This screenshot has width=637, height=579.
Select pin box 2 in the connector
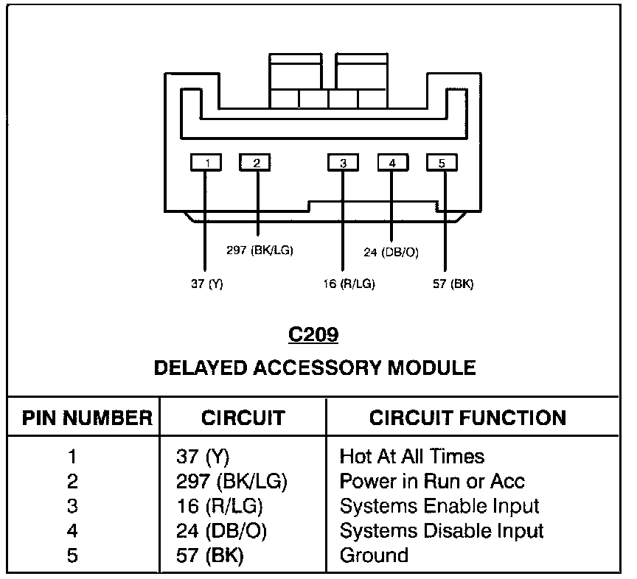(x=255, y=162)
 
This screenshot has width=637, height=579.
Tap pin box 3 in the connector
(x=343, y=162)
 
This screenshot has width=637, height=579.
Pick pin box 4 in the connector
(x=392, y=162)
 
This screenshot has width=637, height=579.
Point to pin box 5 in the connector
(x=442, y=162)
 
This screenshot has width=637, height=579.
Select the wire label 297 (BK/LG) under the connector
(x=260, y=250)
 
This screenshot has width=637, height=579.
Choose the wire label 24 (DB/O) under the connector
(x=391, y=252)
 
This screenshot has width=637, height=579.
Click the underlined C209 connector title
(x=313, y=335)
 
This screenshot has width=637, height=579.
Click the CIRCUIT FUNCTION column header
(x=467, y=418)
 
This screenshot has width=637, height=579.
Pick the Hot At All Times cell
(x=411, y=457)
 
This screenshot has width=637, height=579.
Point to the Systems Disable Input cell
(x=441, y=530)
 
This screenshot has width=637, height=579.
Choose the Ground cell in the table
(x=374, y=555)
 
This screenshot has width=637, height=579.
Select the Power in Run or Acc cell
(x=432, y=482)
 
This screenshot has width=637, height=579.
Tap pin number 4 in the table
(x=72, y=530)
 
